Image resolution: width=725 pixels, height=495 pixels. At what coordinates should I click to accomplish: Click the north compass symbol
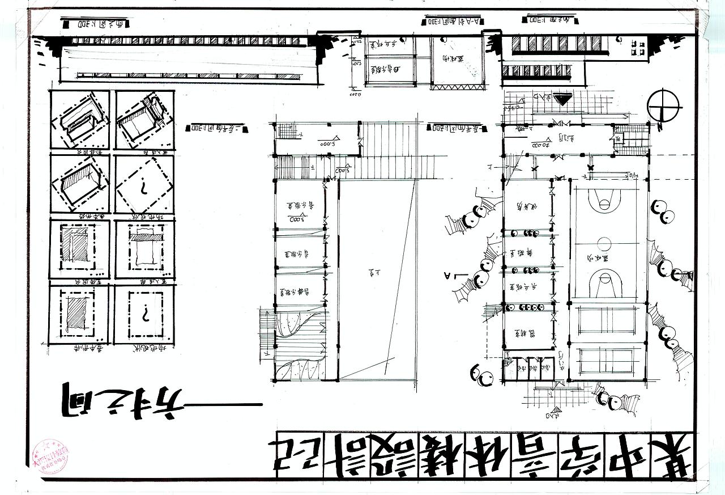[x=664, y=105]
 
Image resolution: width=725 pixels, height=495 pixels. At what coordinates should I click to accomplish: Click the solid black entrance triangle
[x=562, y=100]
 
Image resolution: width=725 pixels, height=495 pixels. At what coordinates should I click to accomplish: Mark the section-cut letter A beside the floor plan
[x=448, y=276]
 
